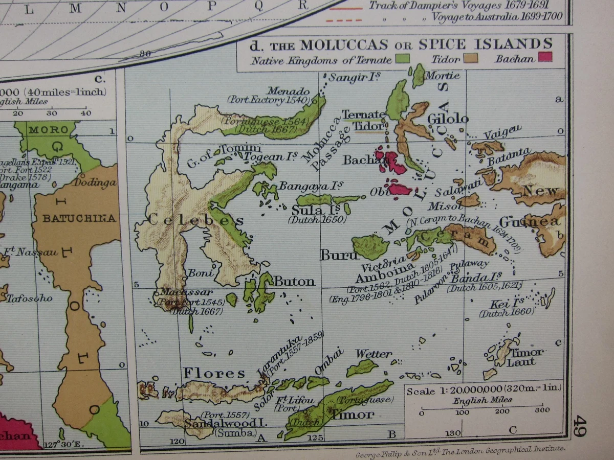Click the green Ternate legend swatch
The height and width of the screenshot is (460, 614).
402,59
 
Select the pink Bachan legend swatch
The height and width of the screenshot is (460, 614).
545,57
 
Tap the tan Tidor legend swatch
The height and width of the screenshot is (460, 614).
471,58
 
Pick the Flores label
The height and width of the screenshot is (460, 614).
214,373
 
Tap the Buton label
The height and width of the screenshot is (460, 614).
294,282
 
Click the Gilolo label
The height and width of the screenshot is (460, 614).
448,119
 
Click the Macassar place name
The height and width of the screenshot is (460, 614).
179,292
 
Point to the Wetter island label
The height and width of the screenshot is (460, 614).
374,354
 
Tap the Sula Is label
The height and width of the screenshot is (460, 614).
310,211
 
